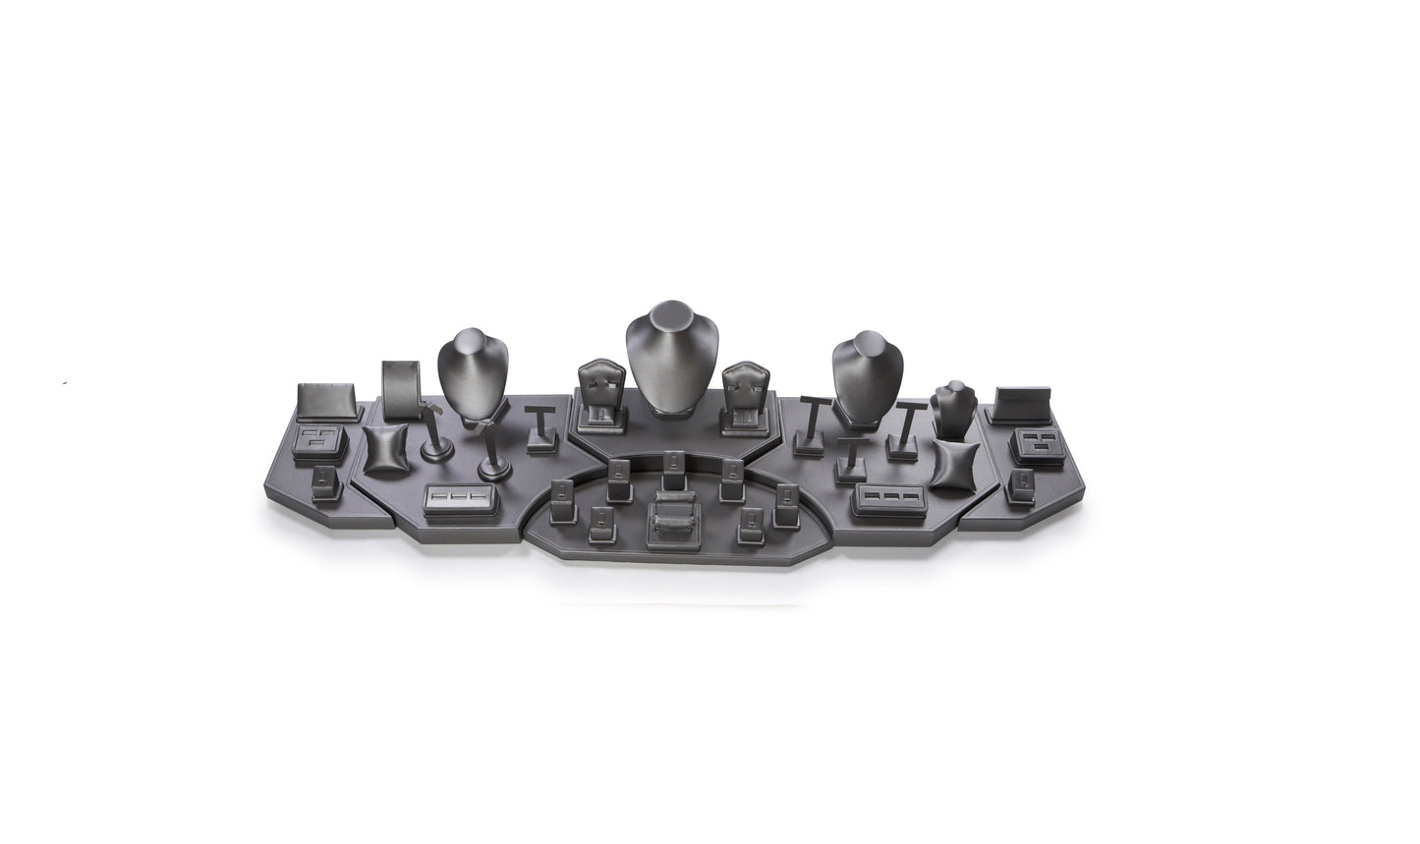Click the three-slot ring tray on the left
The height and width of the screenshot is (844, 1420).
460,499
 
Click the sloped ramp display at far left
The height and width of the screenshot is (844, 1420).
321,399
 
